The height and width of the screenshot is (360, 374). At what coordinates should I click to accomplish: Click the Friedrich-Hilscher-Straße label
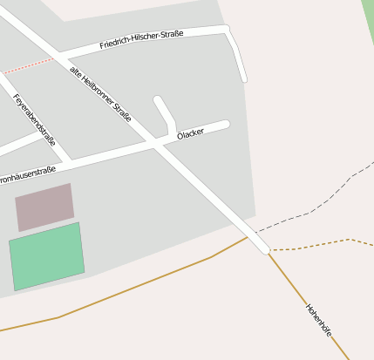tap(141, 39)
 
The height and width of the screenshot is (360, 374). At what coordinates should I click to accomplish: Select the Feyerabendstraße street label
tap(35, 119)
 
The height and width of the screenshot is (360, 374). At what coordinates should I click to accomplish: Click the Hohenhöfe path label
tap(319, 320)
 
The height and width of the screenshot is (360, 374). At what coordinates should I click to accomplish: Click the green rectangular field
tap(47, 256)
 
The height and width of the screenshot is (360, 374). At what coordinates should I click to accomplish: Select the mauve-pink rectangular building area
tap(44, 207)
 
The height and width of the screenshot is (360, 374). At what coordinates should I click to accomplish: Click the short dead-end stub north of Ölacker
tap(164, 112)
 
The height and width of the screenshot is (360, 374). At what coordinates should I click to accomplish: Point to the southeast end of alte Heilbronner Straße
tap(262, 248)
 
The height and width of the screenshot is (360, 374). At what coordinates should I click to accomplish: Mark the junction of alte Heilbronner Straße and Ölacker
tap(158, 146)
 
